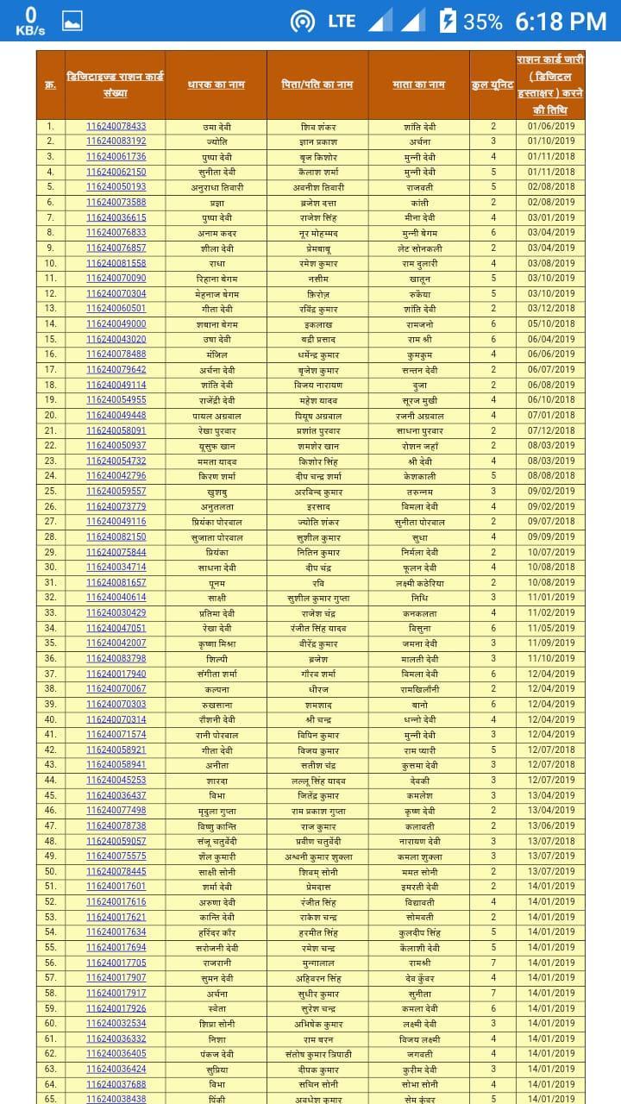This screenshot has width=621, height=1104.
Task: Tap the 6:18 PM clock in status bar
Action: point(561,22)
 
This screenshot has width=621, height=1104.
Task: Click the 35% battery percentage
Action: point(483,22)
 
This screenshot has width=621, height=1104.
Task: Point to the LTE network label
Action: point(342,22)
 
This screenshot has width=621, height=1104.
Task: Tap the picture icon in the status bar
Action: point(72,22)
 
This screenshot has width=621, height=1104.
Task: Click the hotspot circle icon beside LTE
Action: point(303,22)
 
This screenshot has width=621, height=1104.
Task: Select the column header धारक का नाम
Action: point(216,85)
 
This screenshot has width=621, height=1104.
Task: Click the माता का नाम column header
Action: point(418,85)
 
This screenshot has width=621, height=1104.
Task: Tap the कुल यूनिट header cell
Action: point(493,85)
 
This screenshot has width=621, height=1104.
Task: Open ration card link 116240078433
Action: point(116,126)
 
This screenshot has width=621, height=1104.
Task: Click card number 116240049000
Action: point(116,323)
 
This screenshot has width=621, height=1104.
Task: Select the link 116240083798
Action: point(116,658)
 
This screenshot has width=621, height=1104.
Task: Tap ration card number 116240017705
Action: point(116,963)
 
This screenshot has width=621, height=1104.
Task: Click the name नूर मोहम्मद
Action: point(317,233)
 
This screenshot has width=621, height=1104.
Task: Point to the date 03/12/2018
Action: point(550,309)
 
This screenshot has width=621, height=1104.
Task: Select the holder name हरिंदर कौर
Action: point(215,932)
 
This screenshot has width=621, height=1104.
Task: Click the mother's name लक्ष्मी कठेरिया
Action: point(420,582)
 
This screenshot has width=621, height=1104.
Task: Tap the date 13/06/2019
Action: point(550,825)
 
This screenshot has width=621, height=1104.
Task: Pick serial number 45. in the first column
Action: point(51,795)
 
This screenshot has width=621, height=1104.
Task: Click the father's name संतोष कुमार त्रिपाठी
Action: point(317,1053)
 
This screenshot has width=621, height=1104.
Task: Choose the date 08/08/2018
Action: point(550,475)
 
